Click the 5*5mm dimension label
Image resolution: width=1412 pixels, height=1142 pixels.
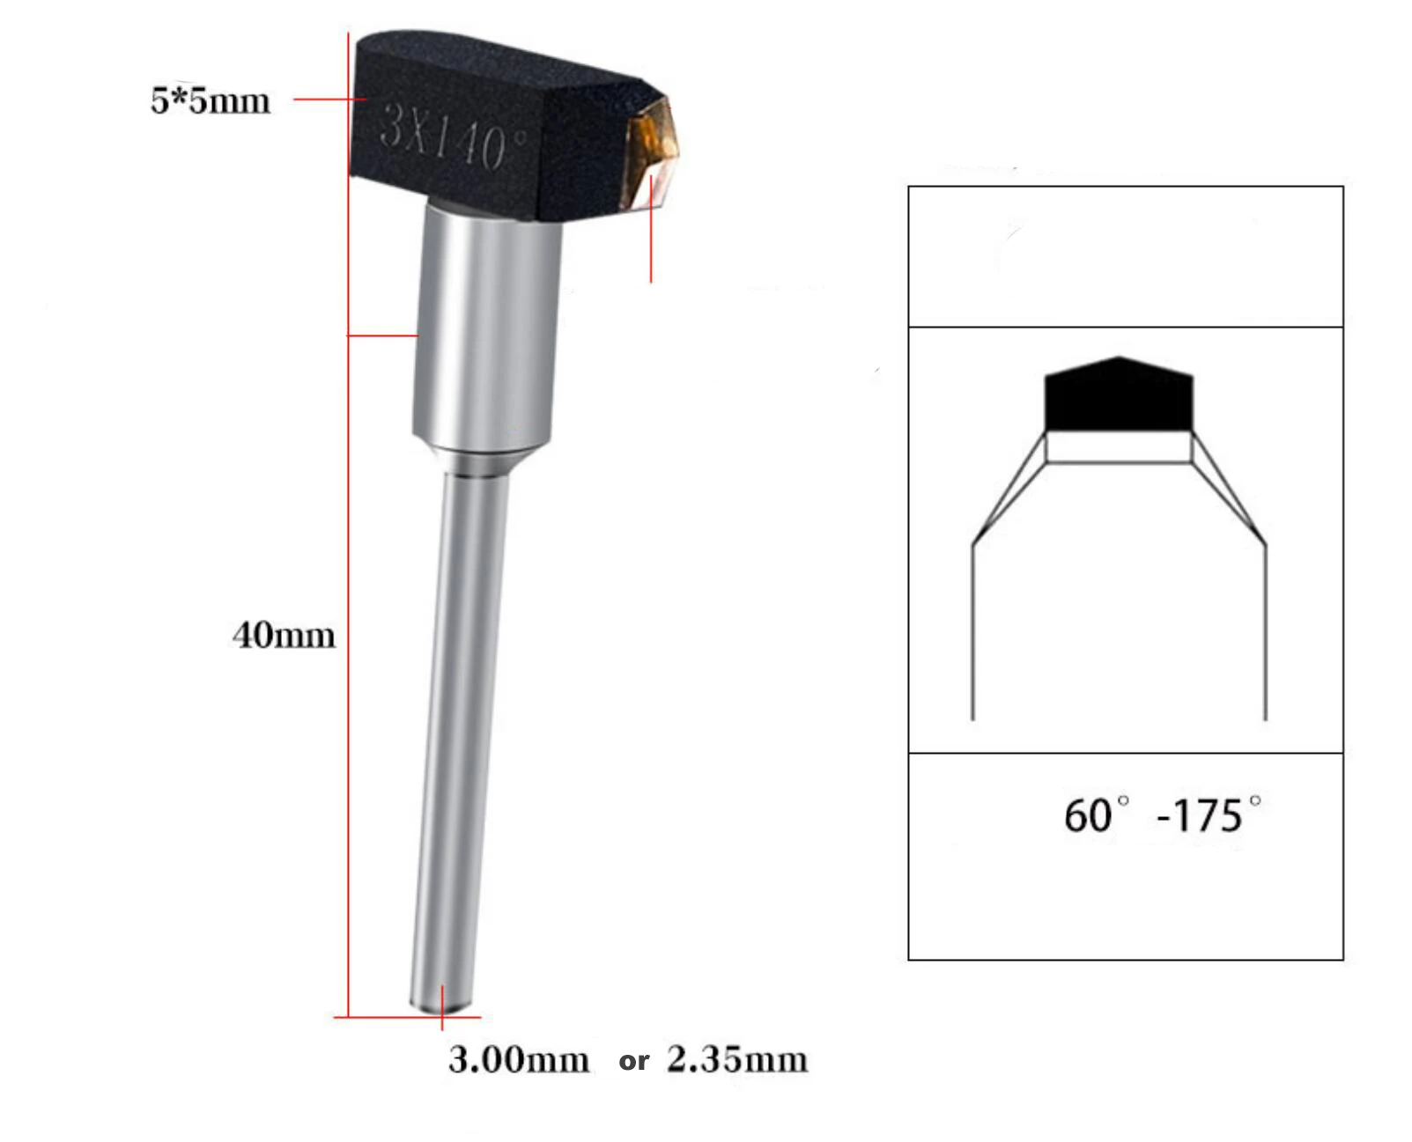pos(210,100)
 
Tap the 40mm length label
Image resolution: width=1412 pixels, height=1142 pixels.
pos(284,635)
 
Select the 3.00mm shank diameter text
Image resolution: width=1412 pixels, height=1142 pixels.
pos(518,1058)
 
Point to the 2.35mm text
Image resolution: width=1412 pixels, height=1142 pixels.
pos(736,1058)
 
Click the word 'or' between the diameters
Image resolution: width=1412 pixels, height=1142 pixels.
pos(633,1061)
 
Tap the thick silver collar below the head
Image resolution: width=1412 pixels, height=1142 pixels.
pos(486,326)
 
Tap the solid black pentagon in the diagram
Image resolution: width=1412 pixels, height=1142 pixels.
pos(1119,396)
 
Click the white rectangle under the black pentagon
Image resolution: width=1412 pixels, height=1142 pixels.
pos(1119,447)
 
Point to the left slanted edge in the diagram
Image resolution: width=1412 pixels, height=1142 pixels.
pos(1009,489)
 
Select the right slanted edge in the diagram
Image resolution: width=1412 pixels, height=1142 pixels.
pos(1230,489)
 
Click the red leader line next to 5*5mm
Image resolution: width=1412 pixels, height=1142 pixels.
pos(328,99)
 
